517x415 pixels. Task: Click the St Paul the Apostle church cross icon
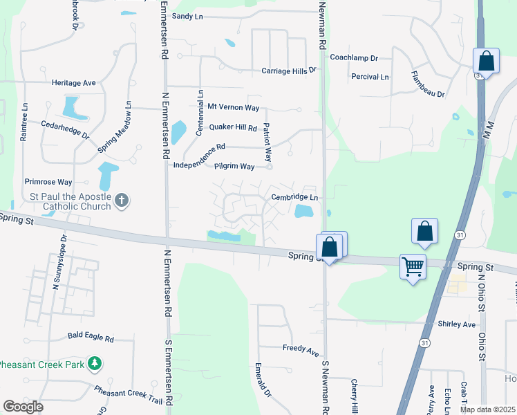pyautogui.click(x=122, y=201)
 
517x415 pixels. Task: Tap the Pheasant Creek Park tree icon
pyautogui.click(x=95, y=363)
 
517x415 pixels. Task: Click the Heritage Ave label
pyautogui.click(x=73, y=82)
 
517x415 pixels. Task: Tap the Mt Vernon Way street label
pyautogui.click(x=234, y=108)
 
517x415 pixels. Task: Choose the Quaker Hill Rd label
pyautogui.click(x=233, y=128)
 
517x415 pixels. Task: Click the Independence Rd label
pyautogui.click(x=200, y=147)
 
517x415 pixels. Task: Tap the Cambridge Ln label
pyautogui.click(x=294, y=197)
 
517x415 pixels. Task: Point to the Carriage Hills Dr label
pyautogui.click(x=288, y=71)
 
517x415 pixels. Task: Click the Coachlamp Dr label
pyautogui.click(x=354, y=58)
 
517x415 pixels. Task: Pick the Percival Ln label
pyautogui.click(x=370, y=76)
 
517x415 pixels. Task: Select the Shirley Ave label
pyautogui.click(x=457, y=324)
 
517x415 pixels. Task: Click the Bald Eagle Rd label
pyautogui.click(x=91, y=337)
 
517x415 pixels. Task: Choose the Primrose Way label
pyautogui.click(x=48, y=182)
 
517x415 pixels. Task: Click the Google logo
pyautogui.click(x=23, y=406)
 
